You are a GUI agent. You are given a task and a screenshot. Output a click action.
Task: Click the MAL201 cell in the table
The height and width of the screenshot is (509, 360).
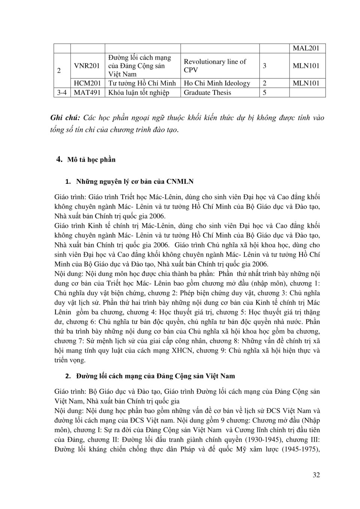coord(306,48)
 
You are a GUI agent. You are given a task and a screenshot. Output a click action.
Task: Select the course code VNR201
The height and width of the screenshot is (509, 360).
coord(87,66)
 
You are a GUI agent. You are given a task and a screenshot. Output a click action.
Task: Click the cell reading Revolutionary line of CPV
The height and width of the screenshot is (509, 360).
coord(215,66)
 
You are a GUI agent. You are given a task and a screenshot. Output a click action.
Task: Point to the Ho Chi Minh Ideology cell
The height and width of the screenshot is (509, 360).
coord(217,83)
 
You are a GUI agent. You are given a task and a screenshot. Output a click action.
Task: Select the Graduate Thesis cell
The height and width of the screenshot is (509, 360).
coord(207,93)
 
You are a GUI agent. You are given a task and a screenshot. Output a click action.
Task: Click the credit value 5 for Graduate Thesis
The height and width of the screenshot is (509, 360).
coord(265,93)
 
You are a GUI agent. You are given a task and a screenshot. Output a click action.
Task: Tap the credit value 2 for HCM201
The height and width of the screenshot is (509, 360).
coord(265,83)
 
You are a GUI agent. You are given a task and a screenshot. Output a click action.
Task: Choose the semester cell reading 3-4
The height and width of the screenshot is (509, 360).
coord(62,93)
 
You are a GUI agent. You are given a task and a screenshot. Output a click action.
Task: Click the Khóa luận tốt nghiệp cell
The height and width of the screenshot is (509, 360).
coord(139,93)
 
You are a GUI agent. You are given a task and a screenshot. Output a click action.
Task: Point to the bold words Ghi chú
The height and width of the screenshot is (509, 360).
coord(65,118)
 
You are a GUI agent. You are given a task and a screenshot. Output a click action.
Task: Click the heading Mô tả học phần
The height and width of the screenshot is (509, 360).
coord(91,160)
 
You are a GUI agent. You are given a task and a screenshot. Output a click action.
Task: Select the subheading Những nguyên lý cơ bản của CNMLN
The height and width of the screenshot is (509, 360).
coord(135,182)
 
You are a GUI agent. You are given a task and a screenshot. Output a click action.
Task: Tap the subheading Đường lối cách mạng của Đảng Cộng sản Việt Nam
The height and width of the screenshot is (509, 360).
coord(155,376)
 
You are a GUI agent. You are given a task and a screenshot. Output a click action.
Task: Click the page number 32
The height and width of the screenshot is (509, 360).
coord(316,475)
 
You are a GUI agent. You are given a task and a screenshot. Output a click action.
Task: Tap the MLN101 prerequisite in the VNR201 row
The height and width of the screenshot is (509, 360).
coord(306,66)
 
